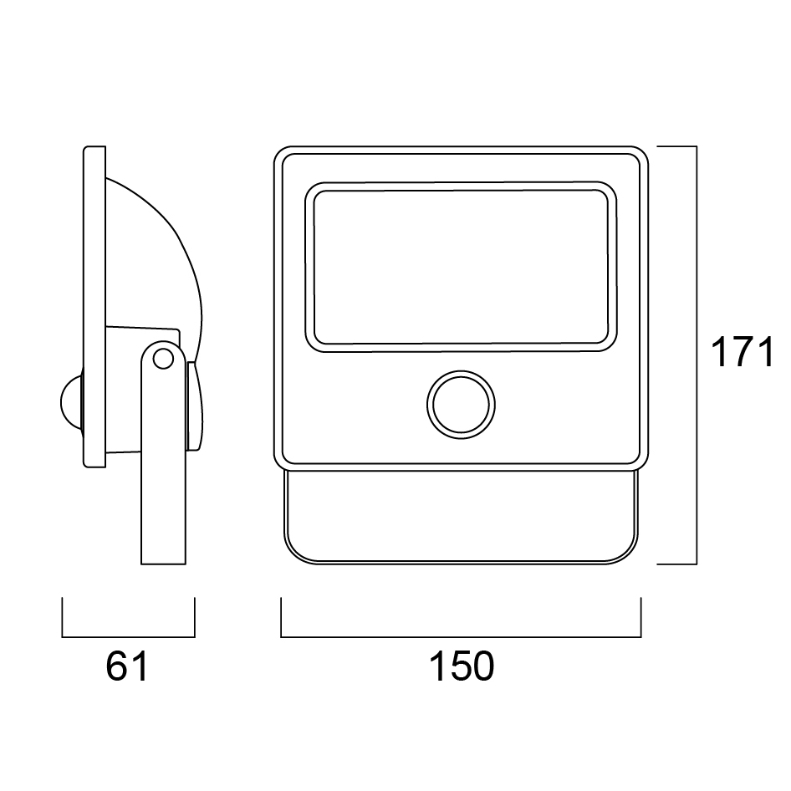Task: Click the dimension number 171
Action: coord(742,352)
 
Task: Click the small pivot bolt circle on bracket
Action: coord(163,359)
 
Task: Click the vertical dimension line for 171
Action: coord(697,355)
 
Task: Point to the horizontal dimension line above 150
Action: coord(461,637)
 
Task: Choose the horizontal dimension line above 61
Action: coord(128,637)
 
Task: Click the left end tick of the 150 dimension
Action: coord(281,617)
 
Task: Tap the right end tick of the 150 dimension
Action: coord(641,617)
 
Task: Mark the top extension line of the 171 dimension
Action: coord(677,146)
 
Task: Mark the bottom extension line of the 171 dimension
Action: coord(677,564)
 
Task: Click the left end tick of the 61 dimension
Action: coord(62,617)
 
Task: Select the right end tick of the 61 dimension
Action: coord(195,617)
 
